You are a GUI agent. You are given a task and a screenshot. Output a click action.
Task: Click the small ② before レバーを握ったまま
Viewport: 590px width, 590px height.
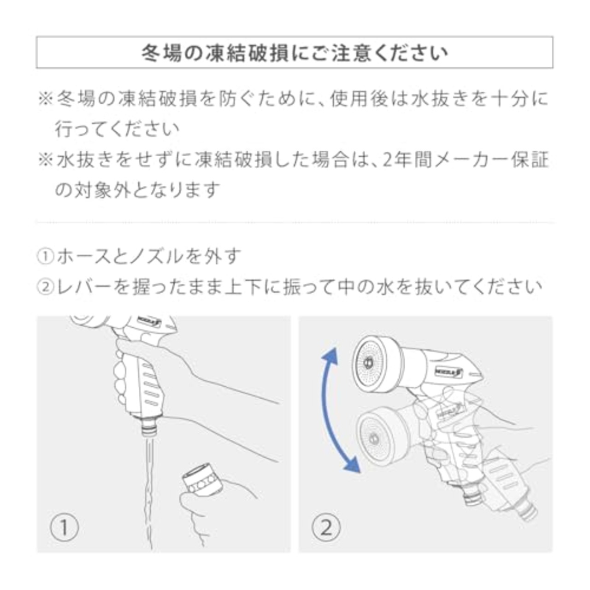pyautogui.click(x=46, y=287)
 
